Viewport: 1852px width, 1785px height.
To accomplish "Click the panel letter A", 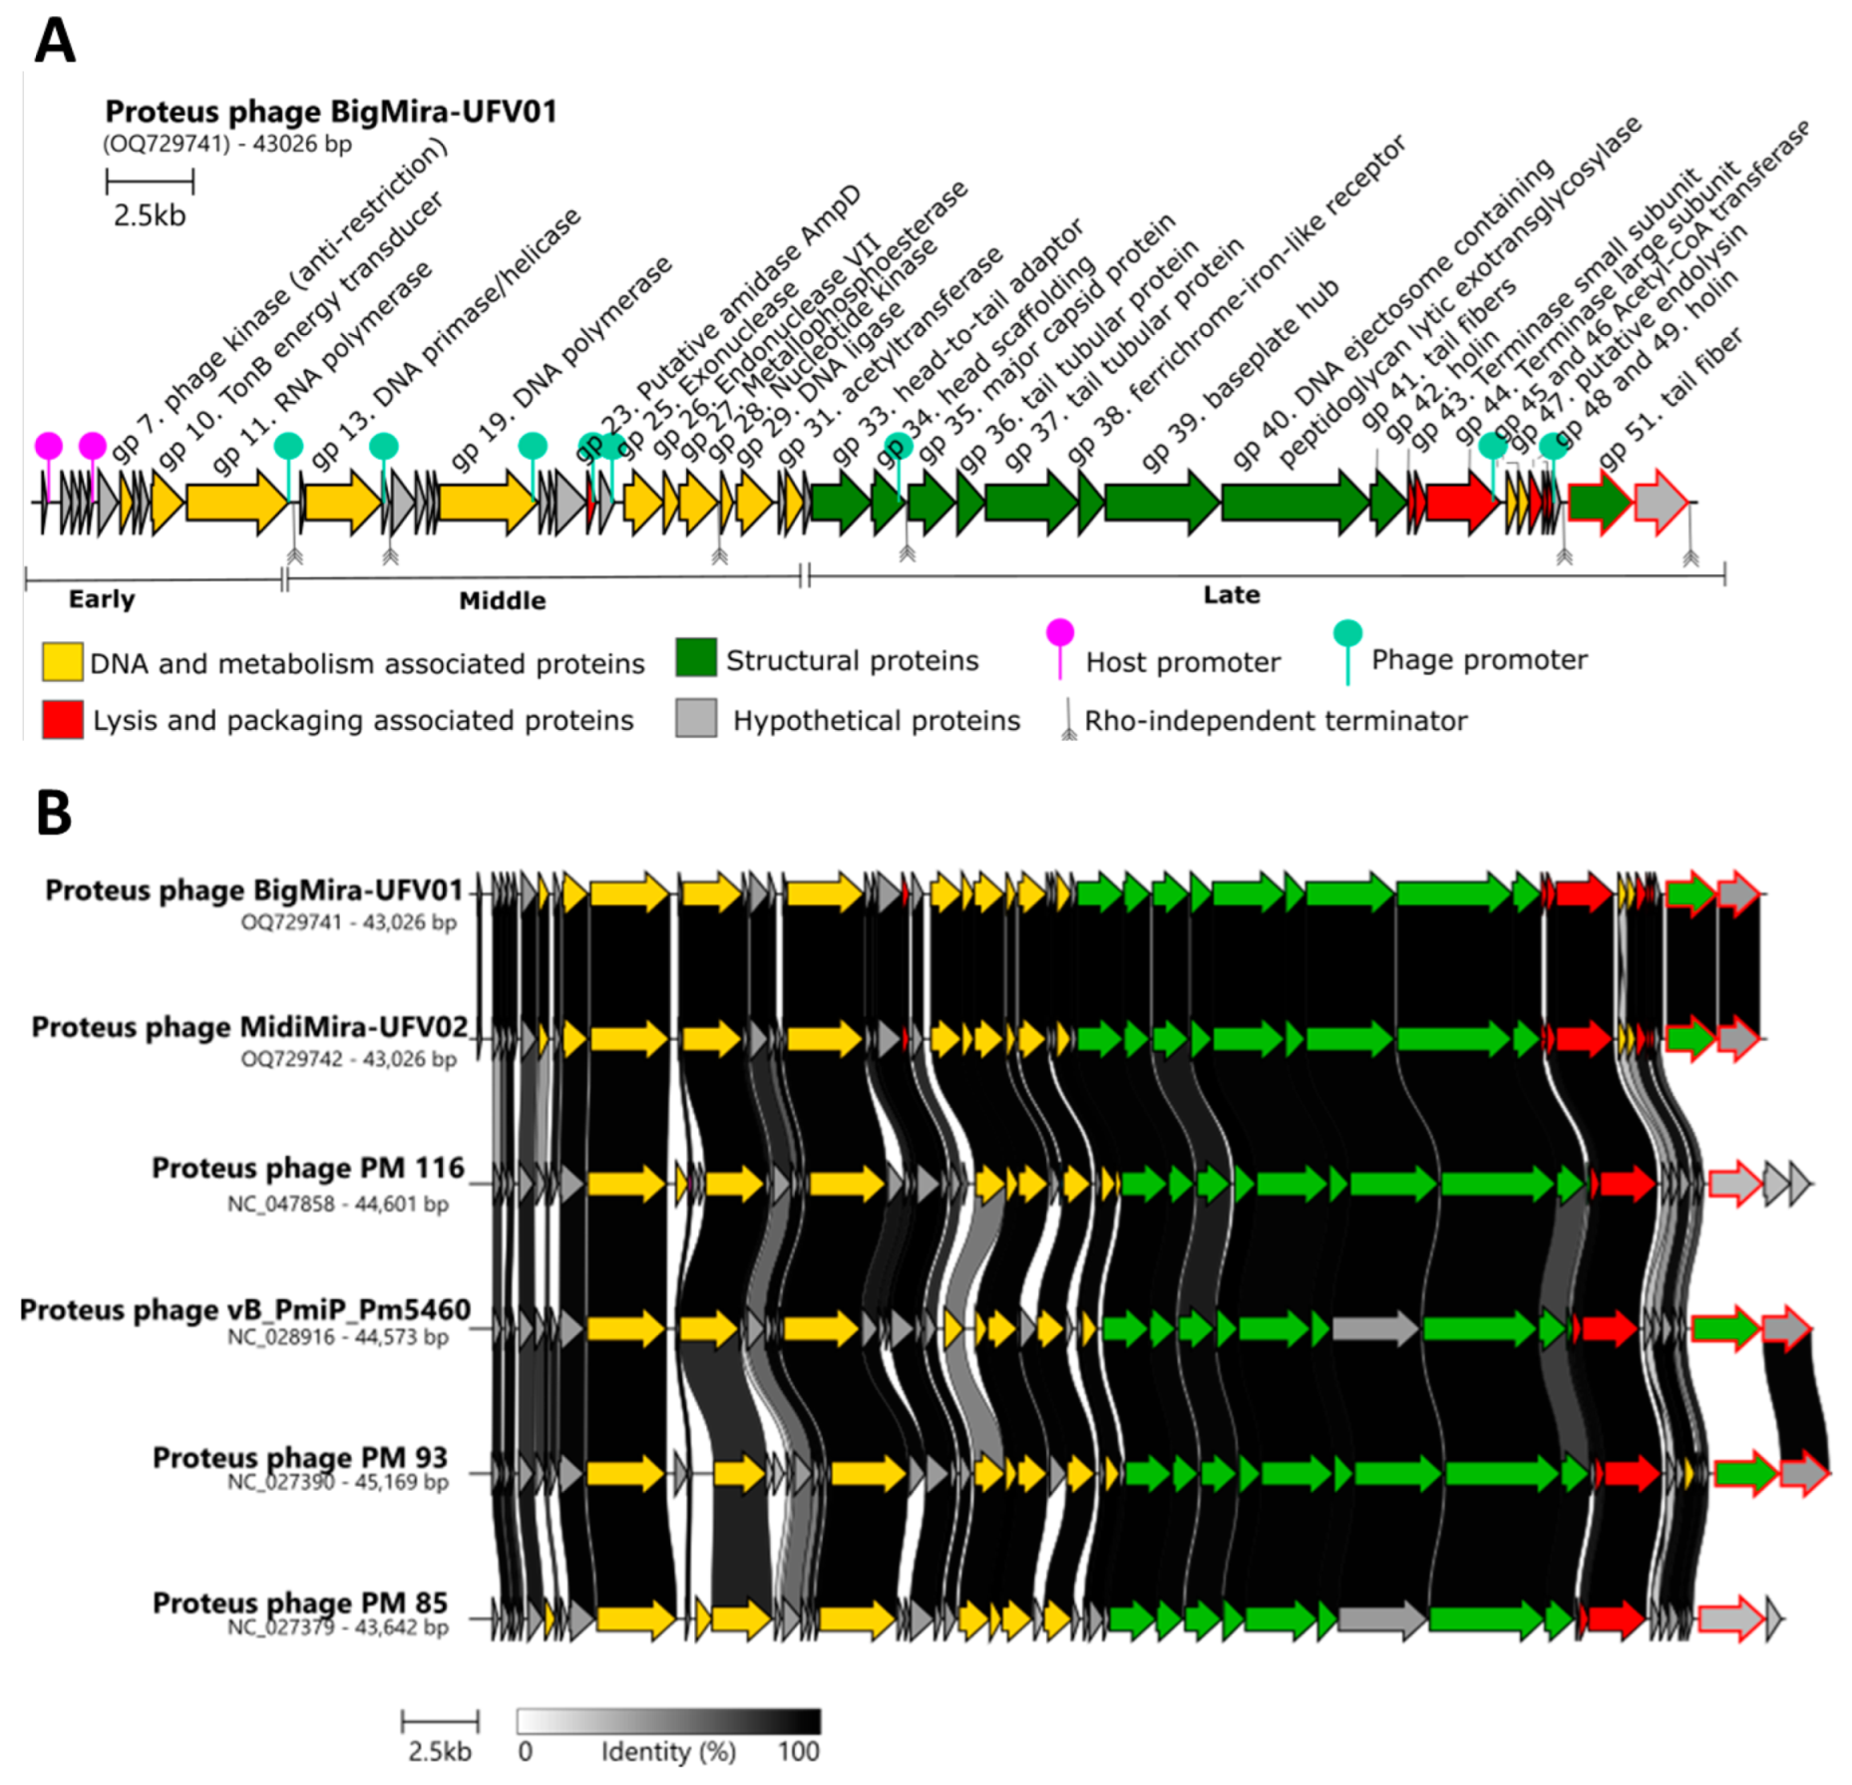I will [x=55, y=42].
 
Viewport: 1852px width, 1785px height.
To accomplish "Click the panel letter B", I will [x=54, y=813].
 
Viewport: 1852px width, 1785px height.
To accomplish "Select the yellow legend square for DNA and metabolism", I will [x=62, y=662].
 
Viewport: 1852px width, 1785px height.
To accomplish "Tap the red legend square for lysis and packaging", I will [x=62, y=719].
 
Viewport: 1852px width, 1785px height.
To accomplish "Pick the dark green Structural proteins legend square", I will [x=695, y=658].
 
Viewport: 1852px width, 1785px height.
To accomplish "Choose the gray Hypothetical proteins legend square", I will [x=695, y=718].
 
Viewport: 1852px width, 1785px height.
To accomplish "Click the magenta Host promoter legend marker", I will [x=1059, y=638].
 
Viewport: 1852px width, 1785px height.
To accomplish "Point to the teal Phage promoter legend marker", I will [x=1346, y=638].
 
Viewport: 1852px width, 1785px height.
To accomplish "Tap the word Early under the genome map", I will [x=101, y=599].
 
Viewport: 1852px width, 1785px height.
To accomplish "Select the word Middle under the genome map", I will [x=502, y=600].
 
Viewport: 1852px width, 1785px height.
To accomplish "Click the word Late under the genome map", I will [x=1231, y=595].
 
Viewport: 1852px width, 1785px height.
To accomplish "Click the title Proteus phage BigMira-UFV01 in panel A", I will [x=330, y=112].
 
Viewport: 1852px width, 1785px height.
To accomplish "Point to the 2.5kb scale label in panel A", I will [x=150, y=215].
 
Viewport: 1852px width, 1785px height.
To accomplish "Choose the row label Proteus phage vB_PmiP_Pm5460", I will [x=244, y=1309].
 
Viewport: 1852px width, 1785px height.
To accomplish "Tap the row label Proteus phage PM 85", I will [x=299, y=1603].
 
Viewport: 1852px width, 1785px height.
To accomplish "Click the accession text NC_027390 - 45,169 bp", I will [x=337, y=1482].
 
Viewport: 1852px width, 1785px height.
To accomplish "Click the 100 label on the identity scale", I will [x=798, y=1752].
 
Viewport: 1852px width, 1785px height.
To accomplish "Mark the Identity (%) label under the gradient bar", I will [x=667, y=1752].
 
